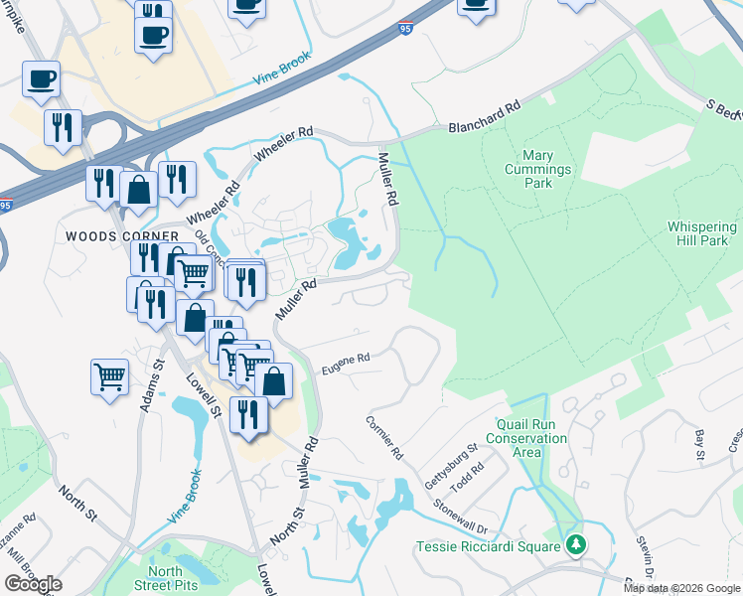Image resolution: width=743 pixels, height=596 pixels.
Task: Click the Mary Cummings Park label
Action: pyautogui.click(x=546, y=169)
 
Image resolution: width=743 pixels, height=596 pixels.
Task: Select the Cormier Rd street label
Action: pyautogui.click(x=385, y=438)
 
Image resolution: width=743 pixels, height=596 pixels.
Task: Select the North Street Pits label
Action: pyautogui.click(x=166, y=578)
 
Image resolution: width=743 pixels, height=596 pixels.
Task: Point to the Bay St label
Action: pyautogui.click(x=699, y=443)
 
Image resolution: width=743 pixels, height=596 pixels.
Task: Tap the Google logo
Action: pyautogui.click(x=33, y=584)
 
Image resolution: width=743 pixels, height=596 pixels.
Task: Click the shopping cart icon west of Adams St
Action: pyautogui.click(x=109, y=376)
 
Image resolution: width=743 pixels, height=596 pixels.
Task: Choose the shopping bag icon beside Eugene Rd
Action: pyautogui.click(x=273, y=380)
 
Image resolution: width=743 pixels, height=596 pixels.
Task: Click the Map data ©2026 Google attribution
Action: pyautogui.click(x=680, y=588)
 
